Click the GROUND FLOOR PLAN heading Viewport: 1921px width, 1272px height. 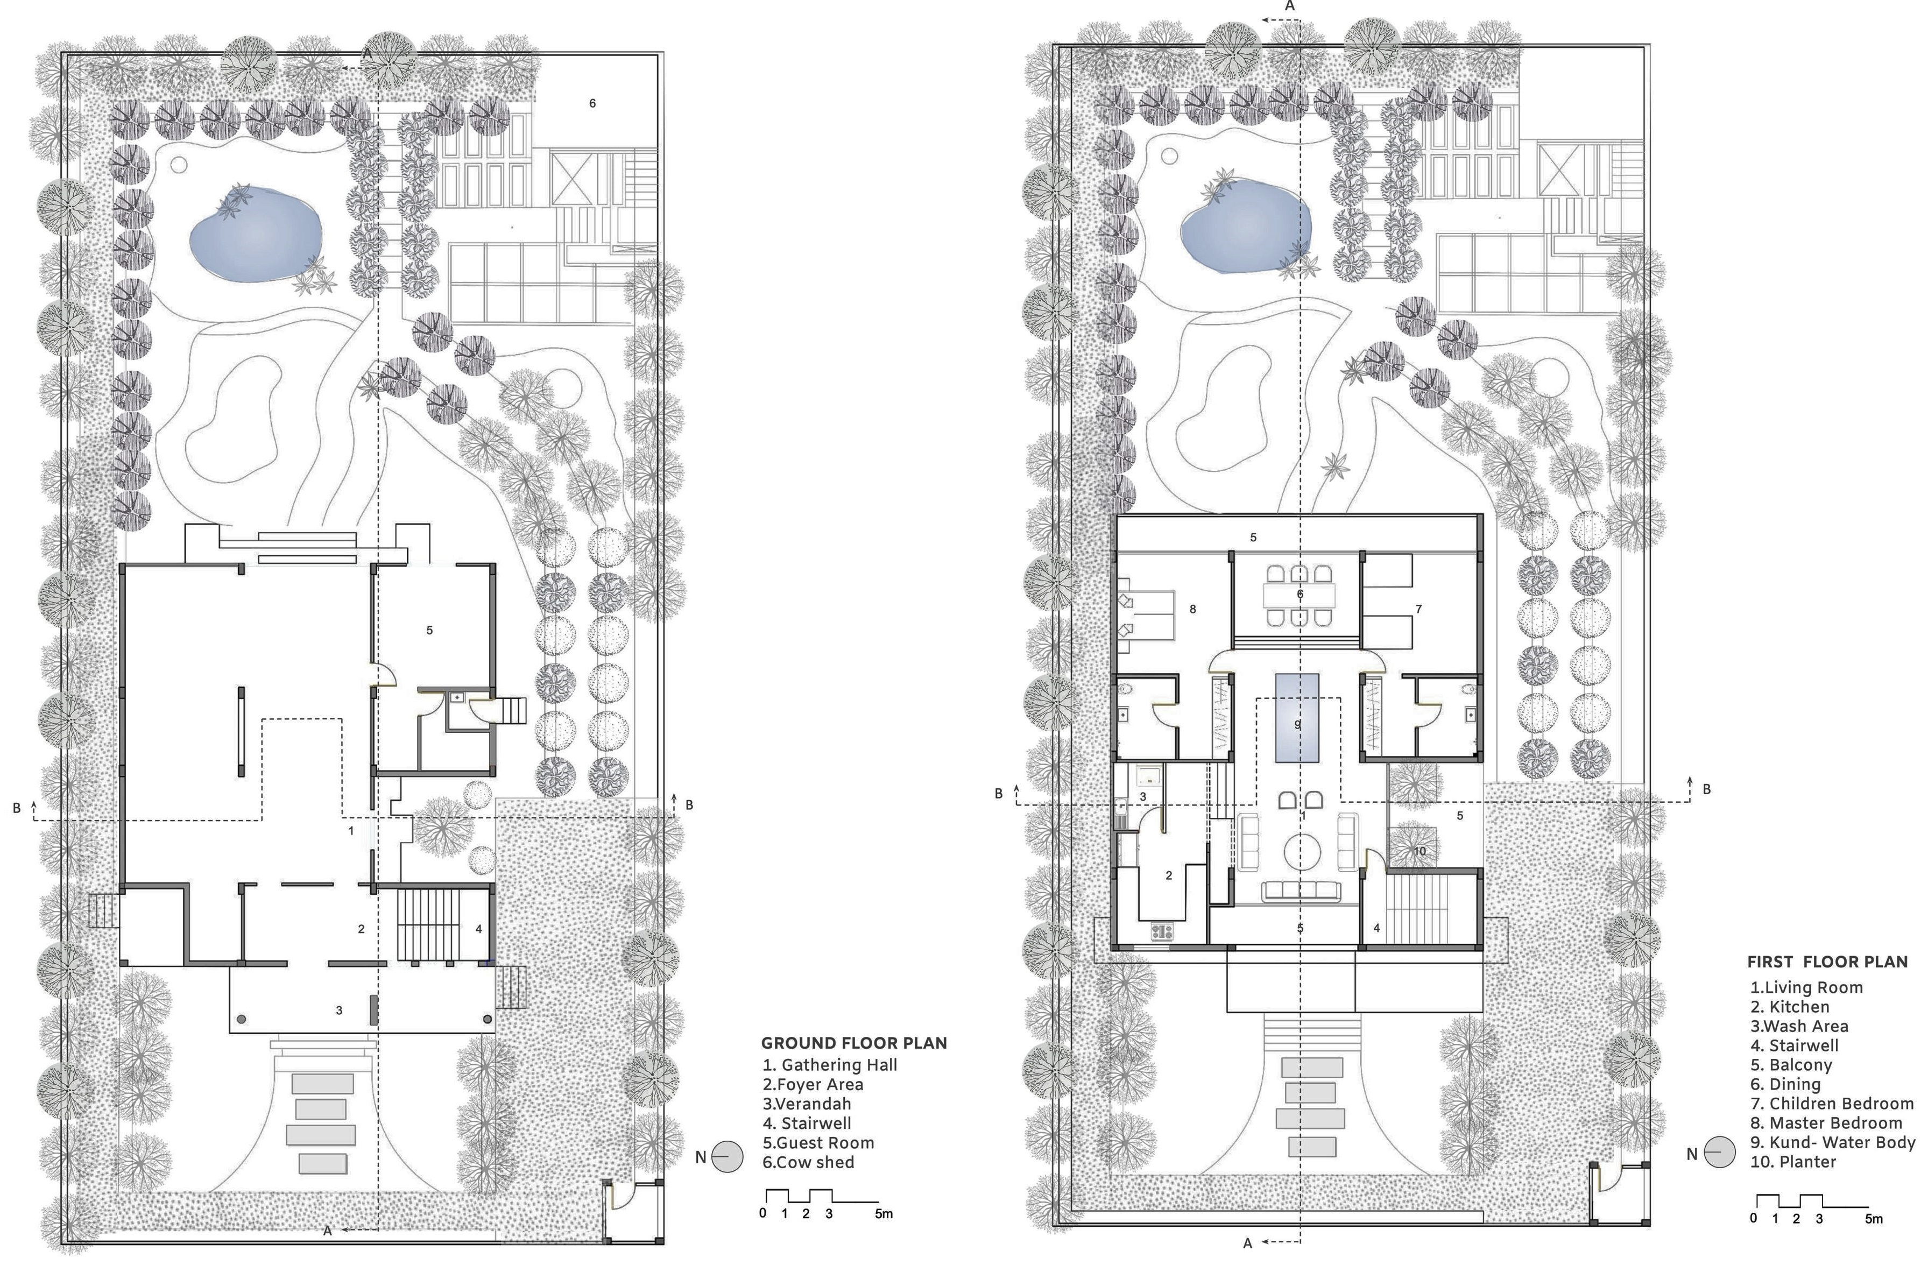853,1043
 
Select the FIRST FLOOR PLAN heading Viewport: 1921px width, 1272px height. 1827,962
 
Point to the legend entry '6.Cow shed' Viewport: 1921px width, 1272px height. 808,1162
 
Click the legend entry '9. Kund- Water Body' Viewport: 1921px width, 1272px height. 1833,1142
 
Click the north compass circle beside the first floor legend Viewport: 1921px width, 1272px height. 1719,1152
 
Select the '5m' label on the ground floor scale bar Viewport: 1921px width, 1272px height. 884,1213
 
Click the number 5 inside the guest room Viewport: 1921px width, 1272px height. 429,630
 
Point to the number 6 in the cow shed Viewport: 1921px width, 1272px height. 592,103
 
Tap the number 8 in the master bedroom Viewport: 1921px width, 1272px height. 1192,609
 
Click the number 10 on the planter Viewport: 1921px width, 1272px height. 1419,851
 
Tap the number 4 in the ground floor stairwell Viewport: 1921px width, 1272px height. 478,929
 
